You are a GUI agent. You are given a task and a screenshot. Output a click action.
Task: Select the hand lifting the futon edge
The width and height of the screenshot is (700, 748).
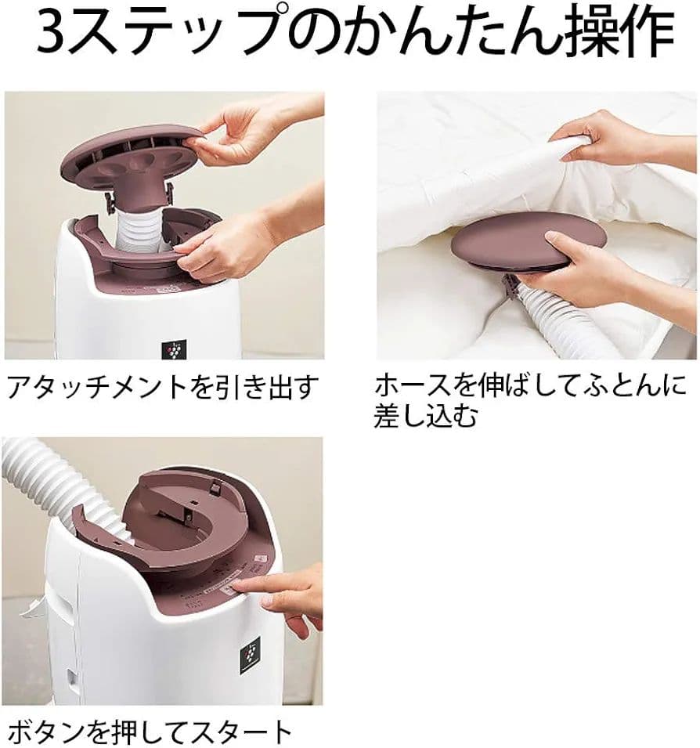[x=603, y=141]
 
